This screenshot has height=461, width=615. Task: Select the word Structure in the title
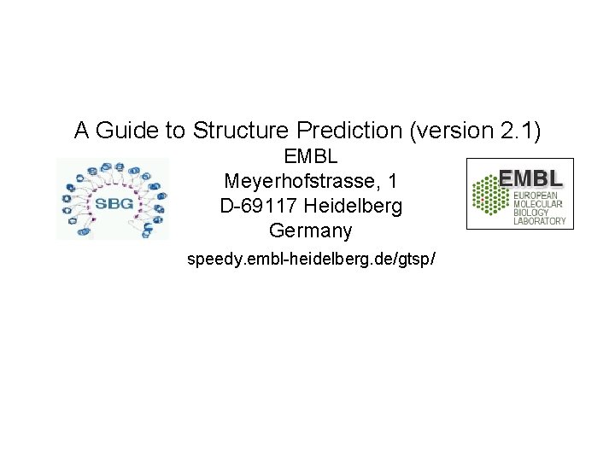coord(242,131)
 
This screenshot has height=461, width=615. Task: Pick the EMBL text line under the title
coord(311,157)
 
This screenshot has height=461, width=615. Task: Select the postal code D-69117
coord(258,207)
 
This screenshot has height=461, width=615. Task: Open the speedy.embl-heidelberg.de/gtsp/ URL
coord(312,258)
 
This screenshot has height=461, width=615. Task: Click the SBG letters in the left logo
coord(113,205)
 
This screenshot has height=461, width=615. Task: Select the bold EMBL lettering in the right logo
coord(530,178)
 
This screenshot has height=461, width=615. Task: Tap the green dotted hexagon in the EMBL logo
coord(490,194)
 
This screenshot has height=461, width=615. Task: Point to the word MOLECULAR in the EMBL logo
coord(538,204)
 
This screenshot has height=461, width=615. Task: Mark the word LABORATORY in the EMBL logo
coord(539,221)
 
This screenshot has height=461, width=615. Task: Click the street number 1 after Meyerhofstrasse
coord(393,182)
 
